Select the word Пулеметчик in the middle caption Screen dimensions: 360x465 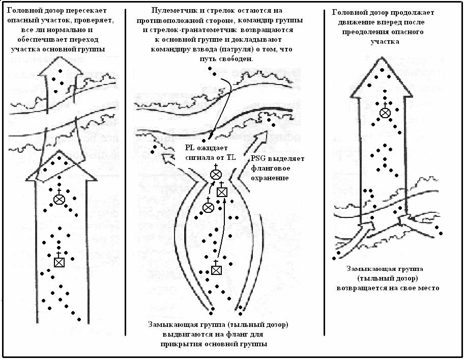click(170, 12)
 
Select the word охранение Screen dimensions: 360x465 click(269, 178)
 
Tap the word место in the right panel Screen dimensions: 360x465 click(428, 288)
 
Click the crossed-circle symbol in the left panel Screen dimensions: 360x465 click(59, 199)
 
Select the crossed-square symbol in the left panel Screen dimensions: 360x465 click(59, 262)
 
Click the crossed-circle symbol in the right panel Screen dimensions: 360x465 click(385, 112)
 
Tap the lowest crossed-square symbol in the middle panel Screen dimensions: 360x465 click(216, 270)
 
